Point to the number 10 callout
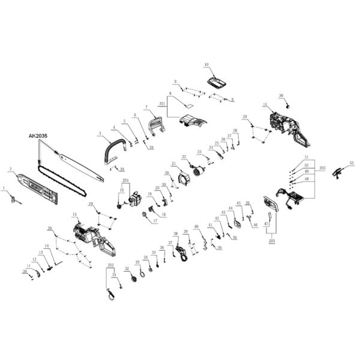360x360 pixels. (x=206, y=64)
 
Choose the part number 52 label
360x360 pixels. (x=352, y=163)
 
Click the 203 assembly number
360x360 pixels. (x=322, y=169)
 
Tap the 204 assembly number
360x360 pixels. (x=126, y=181)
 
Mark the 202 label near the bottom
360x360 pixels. (x=110, y=265)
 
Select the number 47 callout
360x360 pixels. (x=266, y=224)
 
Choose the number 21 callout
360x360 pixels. (x=173, y=164)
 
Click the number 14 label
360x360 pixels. (x=46, y=245)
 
